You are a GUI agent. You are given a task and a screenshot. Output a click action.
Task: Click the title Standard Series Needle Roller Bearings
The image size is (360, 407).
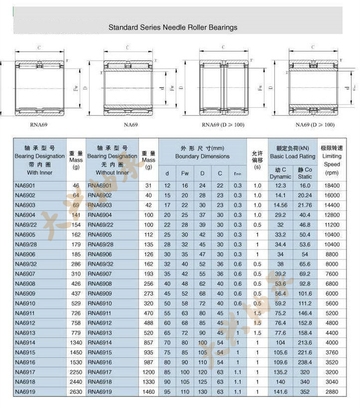[173, 27]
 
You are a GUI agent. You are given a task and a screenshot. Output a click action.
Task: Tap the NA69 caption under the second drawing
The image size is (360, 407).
[131, 125]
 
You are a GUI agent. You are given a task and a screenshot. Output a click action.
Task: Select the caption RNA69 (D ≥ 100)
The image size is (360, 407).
[223, 125]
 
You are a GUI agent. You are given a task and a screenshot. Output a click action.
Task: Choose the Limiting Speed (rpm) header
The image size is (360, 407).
[332, 160]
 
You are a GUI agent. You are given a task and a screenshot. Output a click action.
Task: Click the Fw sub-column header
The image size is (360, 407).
[185, 173]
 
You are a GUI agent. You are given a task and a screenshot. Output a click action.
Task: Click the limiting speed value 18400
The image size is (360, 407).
[332, 186]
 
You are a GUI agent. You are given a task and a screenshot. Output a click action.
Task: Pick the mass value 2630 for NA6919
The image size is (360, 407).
[76, 392]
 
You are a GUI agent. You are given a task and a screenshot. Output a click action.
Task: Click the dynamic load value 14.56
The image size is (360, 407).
[280, 205]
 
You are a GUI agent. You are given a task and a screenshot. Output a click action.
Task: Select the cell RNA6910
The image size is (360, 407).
[100, 303]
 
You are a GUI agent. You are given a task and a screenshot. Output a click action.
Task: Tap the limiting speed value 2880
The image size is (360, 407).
[332, 392]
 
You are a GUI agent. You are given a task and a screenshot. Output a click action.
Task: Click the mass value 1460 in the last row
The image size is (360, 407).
[148, 392]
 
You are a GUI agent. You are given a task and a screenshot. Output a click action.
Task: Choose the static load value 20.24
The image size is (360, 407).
[305, 195]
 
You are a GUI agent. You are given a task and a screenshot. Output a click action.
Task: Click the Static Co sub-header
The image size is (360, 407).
[305, 173]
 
